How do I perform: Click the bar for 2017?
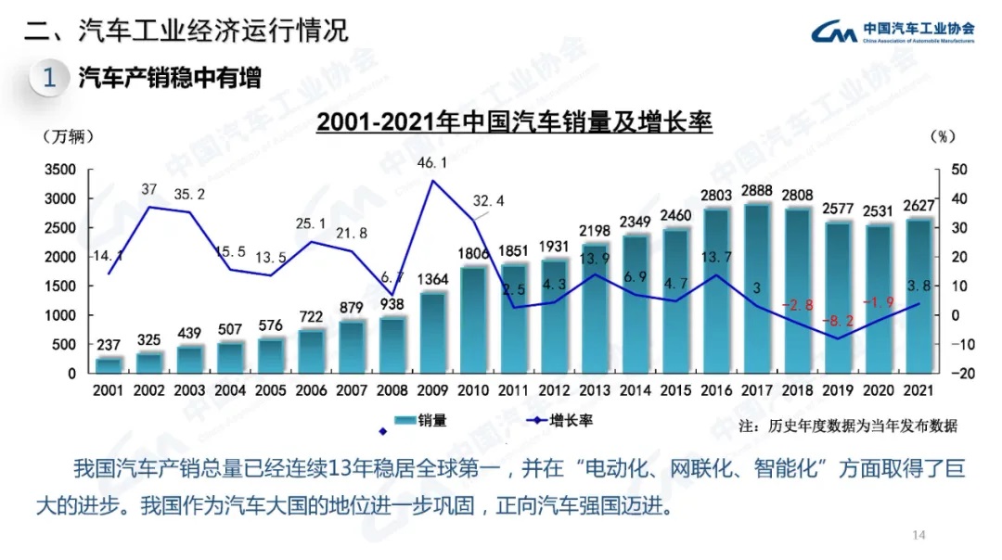click(759, 288)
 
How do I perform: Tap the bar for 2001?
click(109, 364)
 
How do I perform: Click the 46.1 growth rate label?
click(432, 163)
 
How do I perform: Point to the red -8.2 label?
click(839, 321)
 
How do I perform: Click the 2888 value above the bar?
click(758, 191)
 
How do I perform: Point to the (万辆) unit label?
click(69, 136)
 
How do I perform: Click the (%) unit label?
click(941, 136)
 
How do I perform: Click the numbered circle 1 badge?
click(49, 78)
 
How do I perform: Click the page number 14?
click(919, 535)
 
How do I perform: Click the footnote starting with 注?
click(848, 426)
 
